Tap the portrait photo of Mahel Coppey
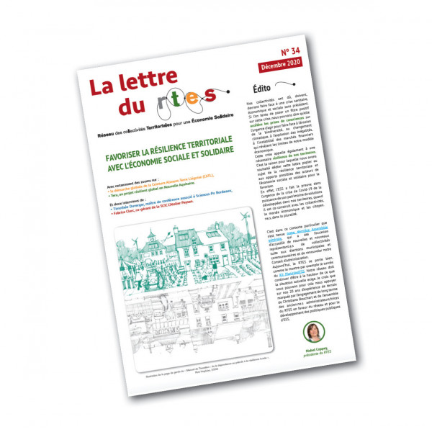(315, 330)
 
